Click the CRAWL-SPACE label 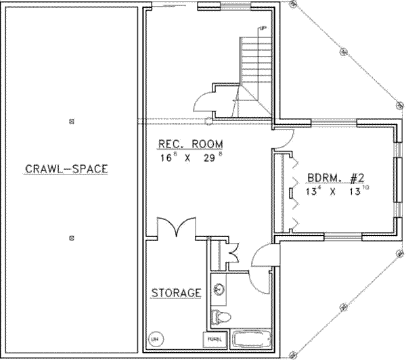click(66, 169)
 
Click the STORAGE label click(176, 293)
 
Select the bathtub click(252, 338)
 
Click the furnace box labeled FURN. click(213, 338)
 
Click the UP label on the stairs click(261, 28)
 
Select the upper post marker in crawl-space click(72, 122)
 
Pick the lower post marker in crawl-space click(72, 238)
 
